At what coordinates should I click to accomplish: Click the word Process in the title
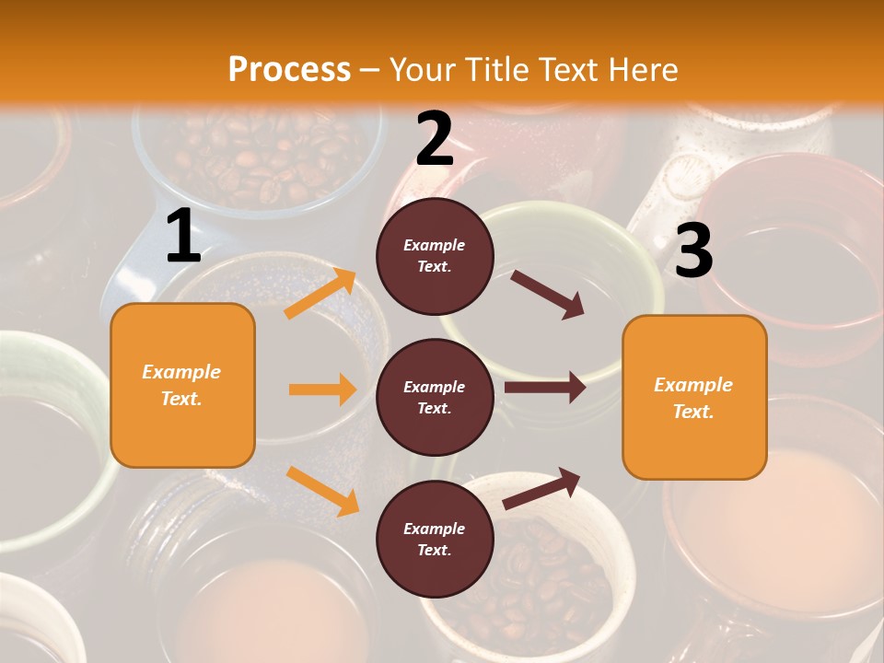(x=289, y=70)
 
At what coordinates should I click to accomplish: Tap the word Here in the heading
(x=641, y=70)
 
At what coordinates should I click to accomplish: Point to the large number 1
(x=183, y=237)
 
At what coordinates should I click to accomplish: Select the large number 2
(x=435, y=139)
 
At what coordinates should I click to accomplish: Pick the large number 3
(x=693, y=250)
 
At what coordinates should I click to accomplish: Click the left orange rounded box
(x=182, y=385)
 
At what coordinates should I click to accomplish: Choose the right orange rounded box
(x=694, y=398)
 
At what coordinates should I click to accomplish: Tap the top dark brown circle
(x=435, y=256)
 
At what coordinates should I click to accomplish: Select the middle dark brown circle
(x=435, y=397)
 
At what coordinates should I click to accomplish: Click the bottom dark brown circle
(x=435, y=539)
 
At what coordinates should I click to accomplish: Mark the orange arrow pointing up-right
(x=320, y=294)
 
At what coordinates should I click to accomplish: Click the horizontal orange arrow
(x=322, y=390)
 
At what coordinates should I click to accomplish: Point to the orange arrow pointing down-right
(x=322, y=491)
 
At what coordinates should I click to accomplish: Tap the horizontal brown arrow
(x=544, y=387)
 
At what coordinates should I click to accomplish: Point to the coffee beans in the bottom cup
(x=543, y=580)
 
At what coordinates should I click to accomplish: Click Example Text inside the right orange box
(x=693, y=398)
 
